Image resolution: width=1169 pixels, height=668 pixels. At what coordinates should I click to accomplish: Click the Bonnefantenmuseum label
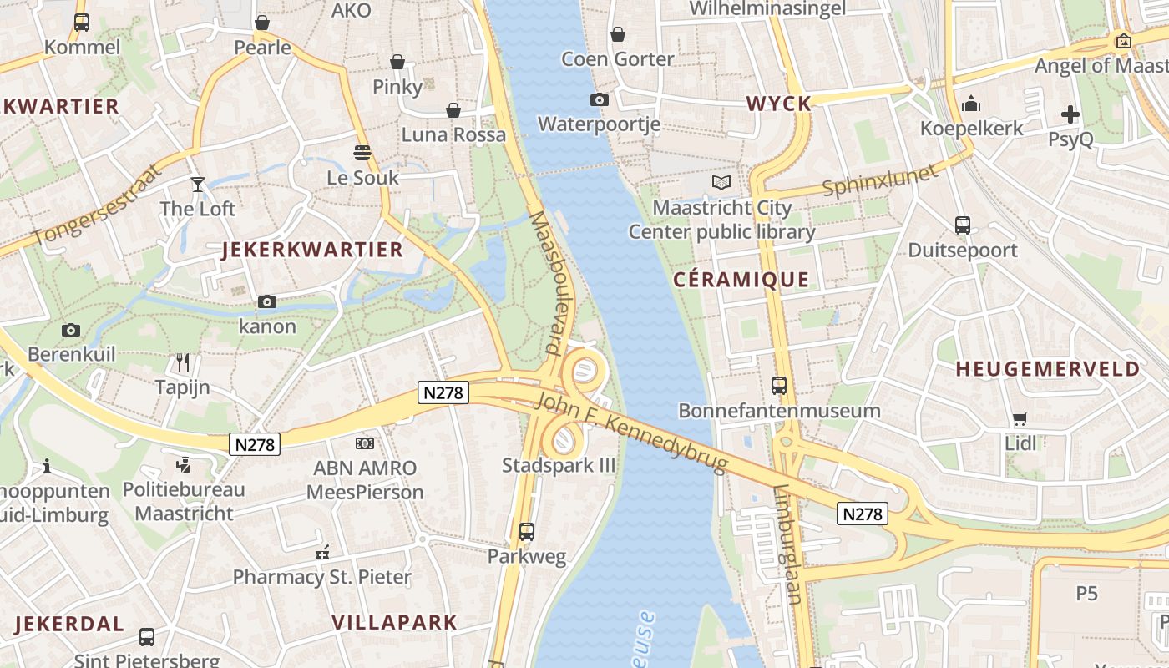coord(779,411)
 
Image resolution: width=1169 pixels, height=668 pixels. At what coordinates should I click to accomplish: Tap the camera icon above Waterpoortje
coord(599,100)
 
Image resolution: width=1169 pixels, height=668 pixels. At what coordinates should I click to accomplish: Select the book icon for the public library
coord(721,182)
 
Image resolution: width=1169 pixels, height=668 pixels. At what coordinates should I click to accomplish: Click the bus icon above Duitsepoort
coord(963,225)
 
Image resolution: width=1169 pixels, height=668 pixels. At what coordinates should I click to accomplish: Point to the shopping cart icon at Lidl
coord(1020,418)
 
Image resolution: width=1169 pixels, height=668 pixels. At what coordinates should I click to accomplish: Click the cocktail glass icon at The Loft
coord(198,184)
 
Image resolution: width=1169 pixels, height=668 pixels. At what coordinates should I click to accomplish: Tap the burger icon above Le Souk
coord(362,153)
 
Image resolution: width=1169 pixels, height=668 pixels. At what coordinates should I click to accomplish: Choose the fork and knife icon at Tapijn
coord(183,362)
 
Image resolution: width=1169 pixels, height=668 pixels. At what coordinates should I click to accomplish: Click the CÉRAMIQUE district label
coord(741,280)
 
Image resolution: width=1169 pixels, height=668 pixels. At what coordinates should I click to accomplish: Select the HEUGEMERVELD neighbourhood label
coord(1047,369)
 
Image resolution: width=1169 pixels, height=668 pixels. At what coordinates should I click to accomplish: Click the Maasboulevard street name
coord(549,281)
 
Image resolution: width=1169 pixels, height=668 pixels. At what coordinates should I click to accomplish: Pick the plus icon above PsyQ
coord(1070,114)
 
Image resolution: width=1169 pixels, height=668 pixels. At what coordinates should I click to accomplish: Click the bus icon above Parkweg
coord(526,532)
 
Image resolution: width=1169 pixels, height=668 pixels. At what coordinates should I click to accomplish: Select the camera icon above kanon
coord(267,301)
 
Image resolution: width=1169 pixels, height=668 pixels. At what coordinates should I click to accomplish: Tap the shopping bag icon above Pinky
coord(397,62)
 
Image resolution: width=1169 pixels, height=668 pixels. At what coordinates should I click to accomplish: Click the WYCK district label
coord(778,104)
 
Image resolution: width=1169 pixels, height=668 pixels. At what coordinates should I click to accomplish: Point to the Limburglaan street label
coord(788,544)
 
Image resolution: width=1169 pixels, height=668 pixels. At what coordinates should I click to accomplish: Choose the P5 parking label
coord(1086,594)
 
